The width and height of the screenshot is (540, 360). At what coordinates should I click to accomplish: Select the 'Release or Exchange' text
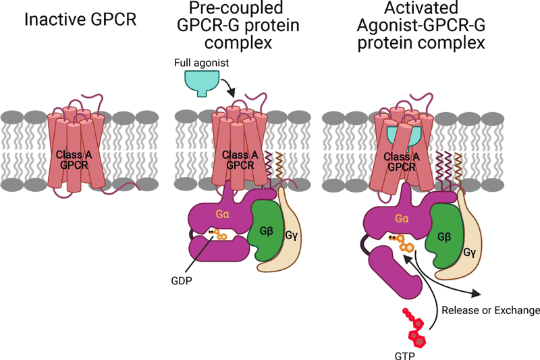[x=490, y=311]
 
